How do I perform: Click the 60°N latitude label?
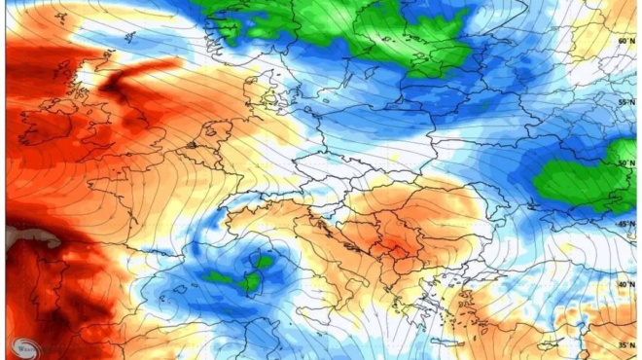pyautogui.click(x=626, y=42)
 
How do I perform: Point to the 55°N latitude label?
pyautogui.click(x=626, y=101)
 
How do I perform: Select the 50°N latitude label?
pyautogui.click(x=626, y=162)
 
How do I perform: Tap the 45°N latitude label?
pyautogui.click(x=626, y=224)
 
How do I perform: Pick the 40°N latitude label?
pyautogui.click(x=626, y=284)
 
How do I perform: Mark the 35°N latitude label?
pyautogui.click(x=626, y=344)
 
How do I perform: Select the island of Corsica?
pyautogui.click(x=264, y=262)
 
